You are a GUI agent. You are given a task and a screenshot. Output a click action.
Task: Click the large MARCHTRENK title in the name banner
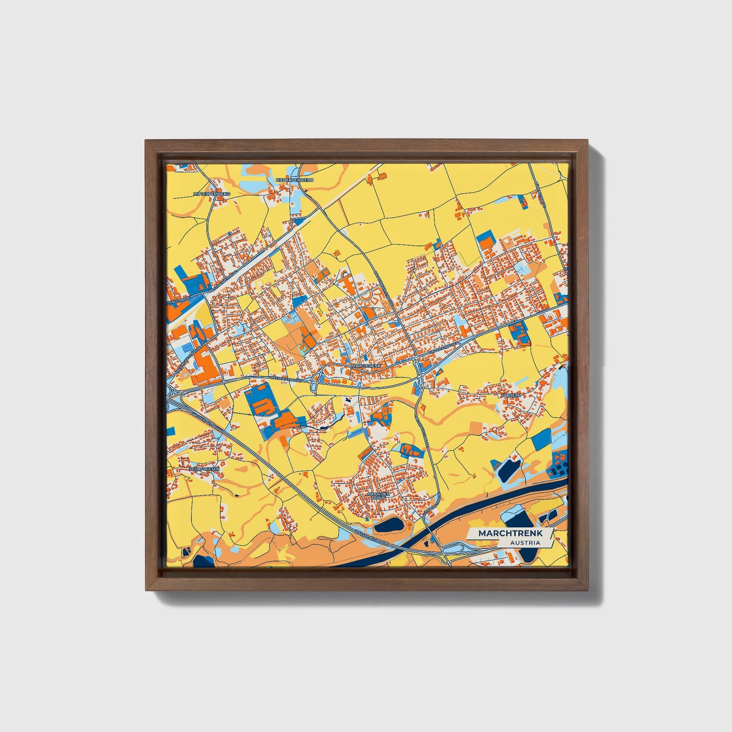(x=510, y=533)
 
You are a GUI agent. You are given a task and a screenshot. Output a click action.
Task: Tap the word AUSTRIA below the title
(x=525, y=543)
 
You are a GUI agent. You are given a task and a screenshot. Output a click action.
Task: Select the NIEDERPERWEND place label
(x=294, y=180)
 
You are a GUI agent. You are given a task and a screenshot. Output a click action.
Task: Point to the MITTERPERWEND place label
(x=212, y=194)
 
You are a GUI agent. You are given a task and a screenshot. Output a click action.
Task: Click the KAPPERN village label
(x=510, y=395)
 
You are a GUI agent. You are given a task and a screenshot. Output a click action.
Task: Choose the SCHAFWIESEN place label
(x=205, y=470)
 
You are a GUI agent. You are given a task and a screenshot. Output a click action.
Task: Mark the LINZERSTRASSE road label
(x=442, y=349)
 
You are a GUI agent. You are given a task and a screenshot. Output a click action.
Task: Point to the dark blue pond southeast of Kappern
(x=509, y=469)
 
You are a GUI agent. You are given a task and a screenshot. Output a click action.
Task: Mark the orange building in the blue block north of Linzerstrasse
(x=518, y=332)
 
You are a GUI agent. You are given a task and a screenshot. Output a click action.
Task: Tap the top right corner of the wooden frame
(x=586, y=142)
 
